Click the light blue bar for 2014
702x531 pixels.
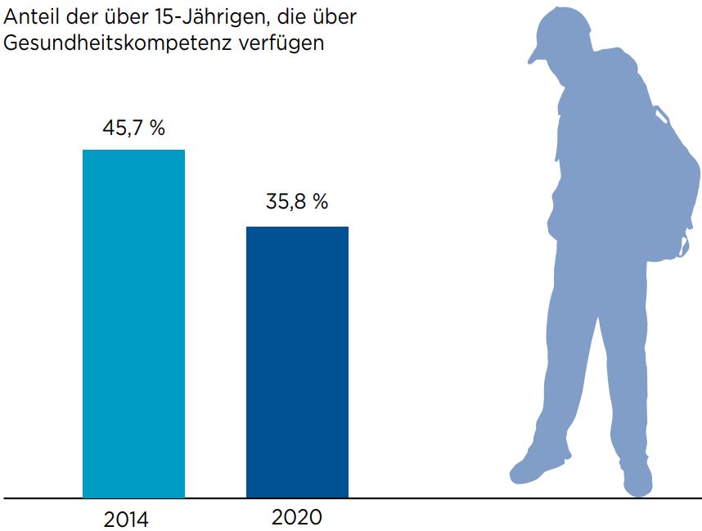tap(134, 324)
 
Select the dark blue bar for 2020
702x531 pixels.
tap(297, 362)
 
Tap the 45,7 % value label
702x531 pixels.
tap(134, 128)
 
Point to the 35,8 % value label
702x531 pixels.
tap(297, 201)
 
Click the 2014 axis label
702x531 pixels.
tap(126, 520)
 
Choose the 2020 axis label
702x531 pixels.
tap(297, 518)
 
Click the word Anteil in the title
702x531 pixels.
tap(31, 17)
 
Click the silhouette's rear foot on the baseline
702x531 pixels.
tap(638, 480)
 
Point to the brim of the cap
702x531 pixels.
tap(537, 55)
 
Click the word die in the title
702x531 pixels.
tap(291, 17)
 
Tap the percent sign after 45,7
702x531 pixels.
tap(158, 128)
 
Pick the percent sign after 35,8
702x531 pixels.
tap(321, 201)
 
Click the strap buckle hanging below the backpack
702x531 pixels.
tap(684, 245)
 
